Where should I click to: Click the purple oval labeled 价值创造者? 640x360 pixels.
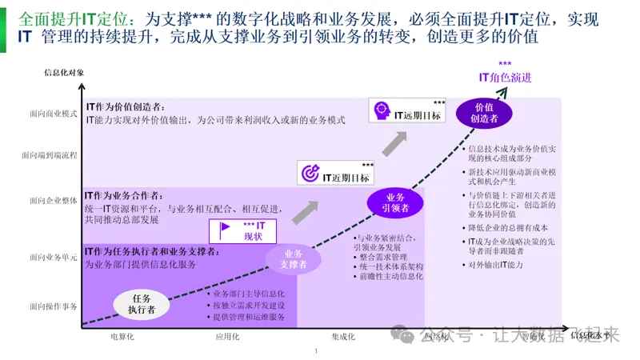(483, 113)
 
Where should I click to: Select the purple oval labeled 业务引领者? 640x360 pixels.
(396, 202)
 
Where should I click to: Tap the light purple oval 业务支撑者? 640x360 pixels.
(294, 258)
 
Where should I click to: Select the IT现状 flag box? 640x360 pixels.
(243, 231)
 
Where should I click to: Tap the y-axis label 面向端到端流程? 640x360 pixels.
(50, 155)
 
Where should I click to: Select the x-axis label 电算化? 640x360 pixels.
(122, 337)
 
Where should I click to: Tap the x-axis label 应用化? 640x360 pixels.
(227, 337)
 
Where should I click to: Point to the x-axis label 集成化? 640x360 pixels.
(342, 337)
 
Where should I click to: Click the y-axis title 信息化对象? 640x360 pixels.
(64, 73)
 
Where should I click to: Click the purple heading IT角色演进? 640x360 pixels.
(505, 78)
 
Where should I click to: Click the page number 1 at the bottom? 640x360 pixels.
(317, 350)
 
